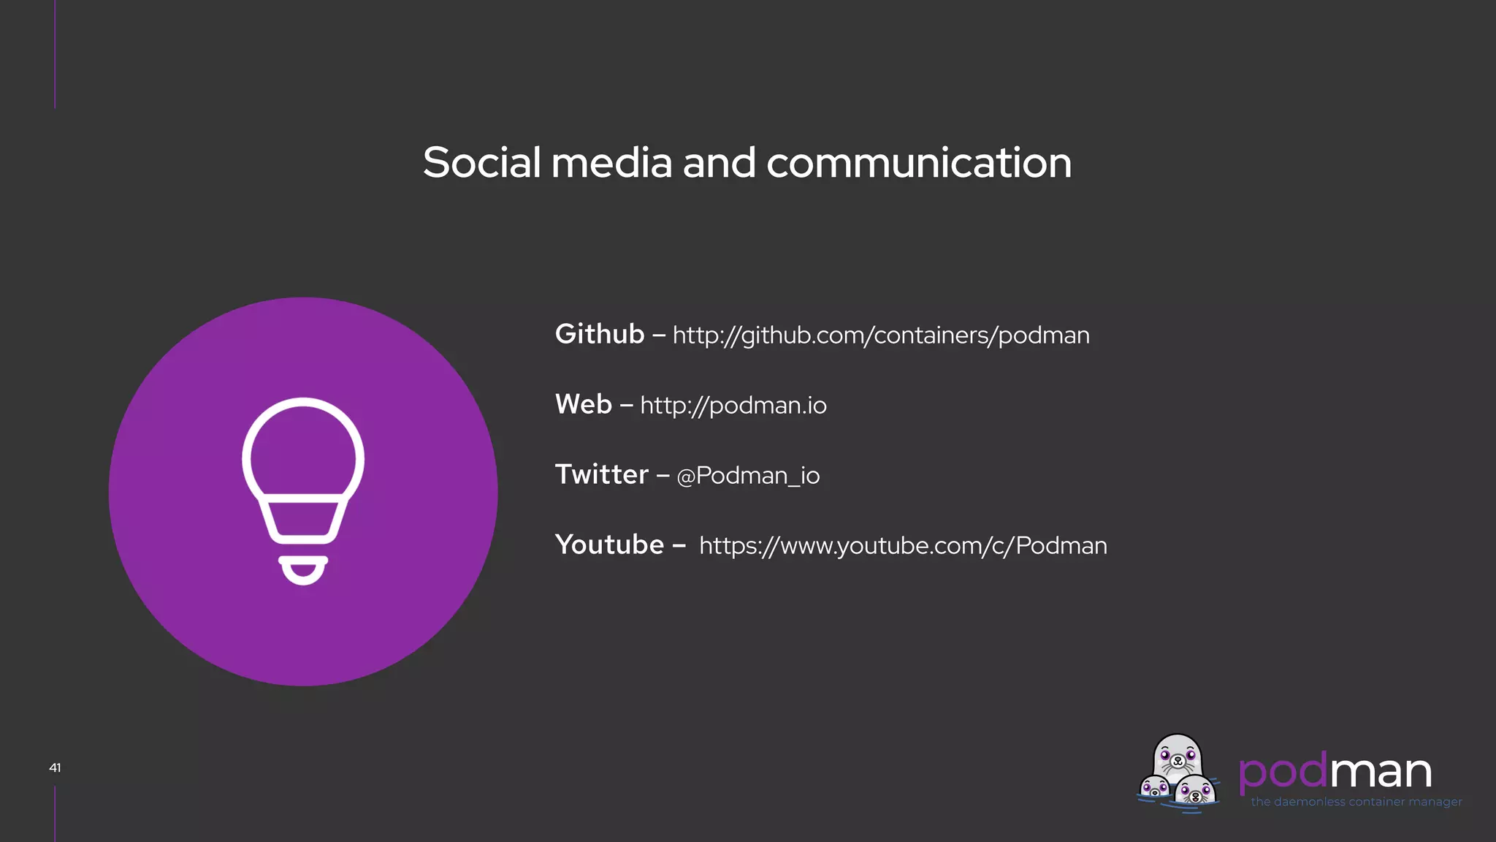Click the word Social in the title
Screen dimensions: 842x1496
point(481,162)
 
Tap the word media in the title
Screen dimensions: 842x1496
point(611,162)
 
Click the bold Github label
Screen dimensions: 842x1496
point(600,334)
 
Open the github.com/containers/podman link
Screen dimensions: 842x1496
point(881,335)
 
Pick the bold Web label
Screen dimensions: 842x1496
point(583,404)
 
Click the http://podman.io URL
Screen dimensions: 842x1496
point(733,405)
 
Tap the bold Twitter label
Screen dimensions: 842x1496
point(601,474)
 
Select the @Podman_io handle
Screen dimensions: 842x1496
point(748,476)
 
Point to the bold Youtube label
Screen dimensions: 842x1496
point(609,545)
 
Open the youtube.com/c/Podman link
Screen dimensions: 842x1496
point(903,545)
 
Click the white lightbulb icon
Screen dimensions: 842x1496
point(303,475)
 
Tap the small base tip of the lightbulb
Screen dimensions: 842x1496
point(303,570)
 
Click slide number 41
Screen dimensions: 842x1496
point(55,767)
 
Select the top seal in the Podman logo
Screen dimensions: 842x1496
point(1177,759)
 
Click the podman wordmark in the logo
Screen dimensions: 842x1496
point(1335,772)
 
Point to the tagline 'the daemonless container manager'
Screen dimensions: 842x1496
point(1356,802)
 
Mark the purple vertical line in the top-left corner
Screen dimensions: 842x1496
point(55,54)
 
